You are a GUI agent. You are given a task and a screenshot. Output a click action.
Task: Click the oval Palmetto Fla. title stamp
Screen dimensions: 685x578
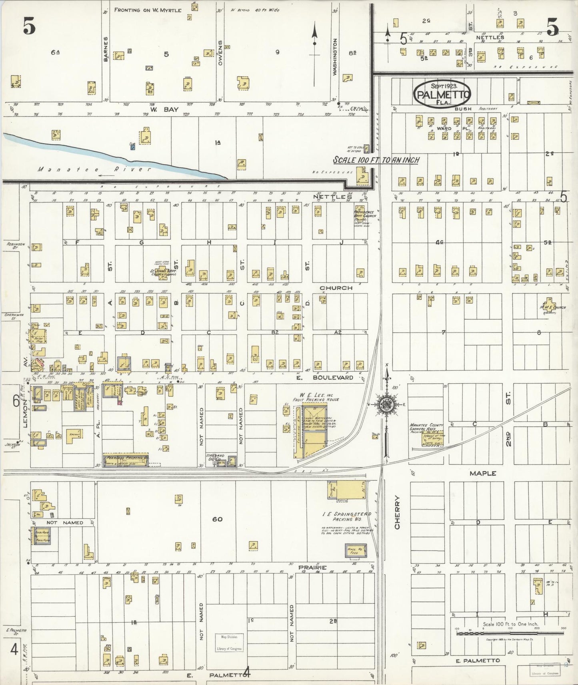click(442, 94)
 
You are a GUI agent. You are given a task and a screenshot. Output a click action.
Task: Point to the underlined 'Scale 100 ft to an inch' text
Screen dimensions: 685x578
click(376, 160)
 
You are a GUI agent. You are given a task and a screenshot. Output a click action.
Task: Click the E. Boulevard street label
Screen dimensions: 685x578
click(330, 377)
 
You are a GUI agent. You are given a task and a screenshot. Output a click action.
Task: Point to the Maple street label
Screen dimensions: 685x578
click(483, 473)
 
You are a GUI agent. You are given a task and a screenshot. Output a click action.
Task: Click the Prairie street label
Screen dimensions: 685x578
click(312, 568)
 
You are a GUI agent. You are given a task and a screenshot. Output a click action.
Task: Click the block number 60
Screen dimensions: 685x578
click(217, 519)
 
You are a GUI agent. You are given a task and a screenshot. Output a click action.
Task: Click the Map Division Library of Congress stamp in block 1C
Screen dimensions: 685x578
click(229, 643)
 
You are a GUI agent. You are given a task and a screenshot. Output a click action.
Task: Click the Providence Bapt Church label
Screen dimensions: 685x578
click(365, 214)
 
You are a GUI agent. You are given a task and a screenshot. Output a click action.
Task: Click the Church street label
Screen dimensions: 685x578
click(336, 288)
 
